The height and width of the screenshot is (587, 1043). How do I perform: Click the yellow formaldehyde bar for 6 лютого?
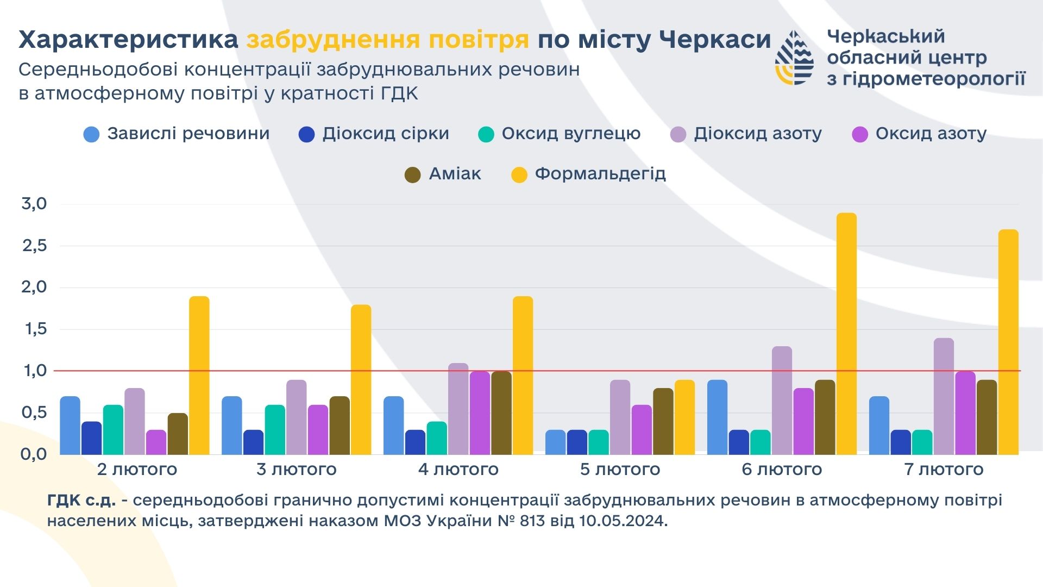coord(846,334)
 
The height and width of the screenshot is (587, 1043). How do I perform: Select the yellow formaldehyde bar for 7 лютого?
coord(1008,342)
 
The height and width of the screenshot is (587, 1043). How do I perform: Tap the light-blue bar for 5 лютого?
coord(555,442)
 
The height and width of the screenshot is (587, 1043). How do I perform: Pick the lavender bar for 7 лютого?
coord(944,396)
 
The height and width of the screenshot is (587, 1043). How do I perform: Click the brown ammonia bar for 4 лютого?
coord(501,413)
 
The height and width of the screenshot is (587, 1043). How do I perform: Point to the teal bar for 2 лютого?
coord(113,429)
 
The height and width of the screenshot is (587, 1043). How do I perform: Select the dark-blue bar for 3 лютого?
coord(253,442)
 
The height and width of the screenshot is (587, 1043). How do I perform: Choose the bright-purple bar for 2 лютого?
coord(156,442)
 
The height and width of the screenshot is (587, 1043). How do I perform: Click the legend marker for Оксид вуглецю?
coord(486,134)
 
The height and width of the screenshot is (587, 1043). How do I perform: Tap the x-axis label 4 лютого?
coord(458,469)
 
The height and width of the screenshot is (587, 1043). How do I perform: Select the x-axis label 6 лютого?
coord(782,469)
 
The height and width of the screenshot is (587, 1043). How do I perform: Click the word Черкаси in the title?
coord(714,39)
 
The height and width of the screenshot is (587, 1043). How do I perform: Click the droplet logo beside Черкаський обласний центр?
coord(794,58)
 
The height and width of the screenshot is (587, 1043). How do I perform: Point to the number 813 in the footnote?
coord(532,521)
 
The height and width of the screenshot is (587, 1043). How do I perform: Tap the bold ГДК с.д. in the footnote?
coord(81,500)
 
